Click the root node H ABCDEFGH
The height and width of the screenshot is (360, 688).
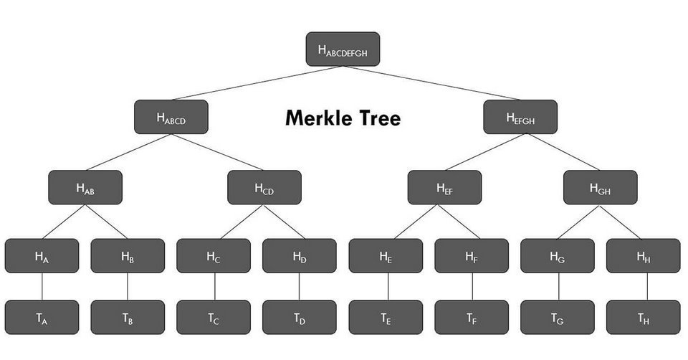pyautogui.click(x=343, y=49)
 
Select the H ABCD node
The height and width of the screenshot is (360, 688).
pyautogui.click(x=171, y=117)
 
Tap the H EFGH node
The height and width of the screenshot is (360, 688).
pyautogui.click(x=520, y=117)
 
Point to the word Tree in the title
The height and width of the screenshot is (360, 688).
pyautogui.click(x=378, y=118)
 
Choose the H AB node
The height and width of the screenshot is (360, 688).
pyautogui.click(x=85, y=187)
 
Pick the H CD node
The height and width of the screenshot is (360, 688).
pyautogui.click(x=264, y=187)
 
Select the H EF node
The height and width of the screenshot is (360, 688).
pyautogui.click(x=444, y=187)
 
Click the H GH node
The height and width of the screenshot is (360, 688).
pyautogui.click(x=600, y=187)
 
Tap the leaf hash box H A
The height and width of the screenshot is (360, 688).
pyautogui.click(x=42, y=256)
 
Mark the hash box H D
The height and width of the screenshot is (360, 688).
pyautogui.click(x=299, y=256)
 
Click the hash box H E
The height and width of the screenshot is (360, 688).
pyautogui.click(x=386, y=256)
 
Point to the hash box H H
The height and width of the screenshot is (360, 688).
pyautogui.click(x=643, y=256)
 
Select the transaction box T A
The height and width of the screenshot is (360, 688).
pyautogui.click(x=42, y=318)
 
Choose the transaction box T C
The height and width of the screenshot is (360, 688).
pyautogui.click(x=214, y=318)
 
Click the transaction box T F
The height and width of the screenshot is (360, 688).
pyautogui.click(x=472, y=318)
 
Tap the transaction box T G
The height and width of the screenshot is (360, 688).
pyautogui.click(x=557, y=318)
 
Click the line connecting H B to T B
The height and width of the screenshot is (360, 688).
pyautogui.click(x=128, y=287)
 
